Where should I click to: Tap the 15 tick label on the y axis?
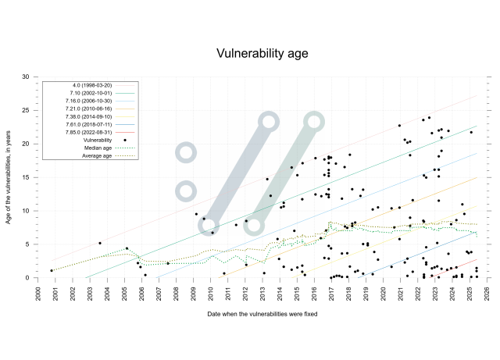coord(25,177)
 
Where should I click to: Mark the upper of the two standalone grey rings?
coord(186,152)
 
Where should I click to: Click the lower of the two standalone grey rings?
coord(186,191)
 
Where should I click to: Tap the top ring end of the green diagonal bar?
coord(314,121)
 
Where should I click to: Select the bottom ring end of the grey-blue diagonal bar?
coord(208,226)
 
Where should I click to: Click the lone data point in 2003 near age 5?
coord(99,243)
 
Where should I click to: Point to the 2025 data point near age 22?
coord(471,132)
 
